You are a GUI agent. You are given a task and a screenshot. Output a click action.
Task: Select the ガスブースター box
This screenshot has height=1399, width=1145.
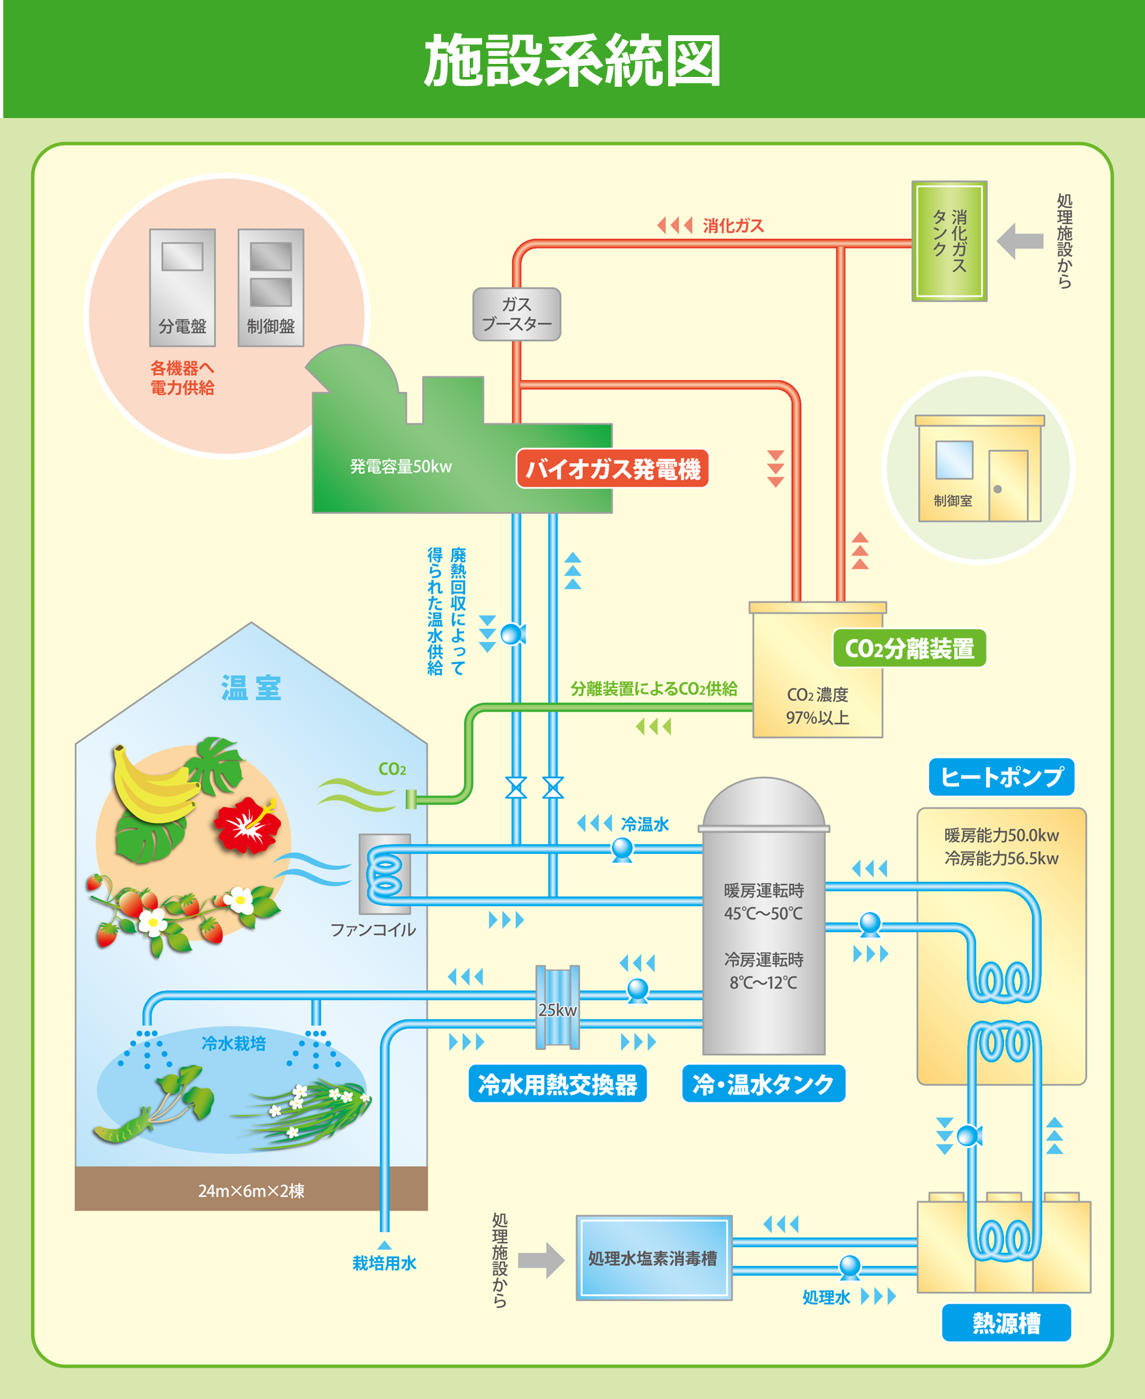(x=517, y=314)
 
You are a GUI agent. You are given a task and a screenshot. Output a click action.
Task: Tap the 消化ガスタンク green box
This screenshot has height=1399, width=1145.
(x=949, y=241)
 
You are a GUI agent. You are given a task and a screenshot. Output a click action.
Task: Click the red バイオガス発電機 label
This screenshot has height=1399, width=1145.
(x=612, y=469)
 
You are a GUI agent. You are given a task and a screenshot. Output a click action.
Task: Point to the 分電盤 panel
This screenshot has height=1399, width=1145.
(x=182, y=287)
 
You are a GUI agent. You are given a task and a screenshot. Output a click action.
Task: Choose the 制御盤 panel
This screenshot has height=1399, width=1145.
(x=270, y=287)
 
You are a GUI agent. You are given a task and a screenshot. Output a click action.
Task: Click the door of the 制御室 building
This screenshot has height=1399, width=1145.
(x=1008, y=485)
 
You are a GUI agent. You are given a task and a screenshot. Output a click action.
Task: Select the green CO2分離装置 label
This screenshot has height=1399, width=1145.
(x=909, y=648)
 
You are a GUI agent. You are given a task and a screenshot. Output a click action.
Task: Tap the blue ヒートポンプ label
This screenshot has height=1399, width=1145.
(x=1001, y=777)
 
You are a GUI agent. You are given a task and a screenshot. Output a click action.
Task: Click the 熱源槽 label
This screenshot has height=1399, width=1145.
(x=1006, y=1322)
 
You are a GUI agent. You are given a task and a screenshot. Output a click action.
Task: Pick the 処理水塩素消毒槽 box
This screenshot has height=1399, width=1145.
(x=653, y=1258)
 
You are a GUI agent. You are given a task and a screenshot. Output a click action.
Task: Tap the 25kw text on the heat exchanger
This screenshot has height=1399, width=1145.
(x=557, y=1010)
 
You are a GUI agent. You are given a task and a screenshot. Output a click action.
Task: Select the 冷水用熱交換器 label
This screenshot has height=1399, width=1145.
(x=557, y=1084)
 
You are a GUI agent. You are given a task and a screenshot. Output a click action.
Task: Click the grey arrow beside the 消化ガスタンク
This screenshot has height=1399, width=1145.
(x=1020, y=241)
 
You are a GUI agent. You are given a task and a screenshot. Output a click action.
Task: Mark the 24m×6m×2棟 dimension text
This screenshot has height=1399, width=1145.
(x=251, y=1191)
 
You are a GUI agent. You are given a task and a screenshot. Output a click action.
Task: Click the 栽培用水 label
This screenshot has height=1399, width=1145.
(x=384, y=1263)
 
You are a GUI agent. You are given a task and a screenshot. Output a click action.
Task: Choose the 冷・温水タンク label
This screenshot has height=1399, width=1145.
(x=763, y=1084)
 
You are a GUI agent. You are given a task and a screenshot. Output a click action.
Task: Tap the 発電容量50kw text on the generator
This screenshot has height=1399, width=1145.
(x=401, y=467)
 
